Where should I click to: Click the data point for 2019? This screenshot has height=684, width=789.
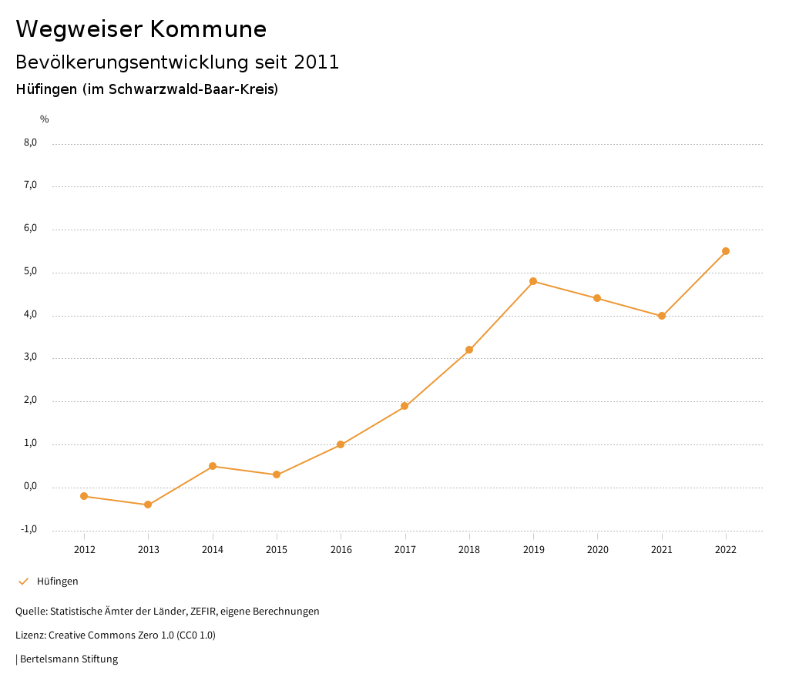pos(533,281)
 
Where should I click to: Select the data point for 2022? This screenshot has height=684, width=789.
pos(726,251)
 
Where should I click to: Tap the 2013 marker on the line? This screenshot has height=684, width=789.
pos(148,505)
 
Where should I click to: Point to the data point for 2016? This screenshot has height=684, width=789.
pos(341,444)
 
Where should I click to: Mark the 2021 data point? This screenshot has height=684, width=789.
pos(662,316)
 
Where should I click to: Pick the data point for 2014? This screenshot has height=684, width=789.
pos(213,466)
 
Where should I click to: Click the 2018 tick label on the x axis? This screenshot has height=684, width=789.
pos(469,550)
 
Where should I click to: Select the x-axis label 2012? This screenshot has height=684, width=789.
pos(84,550)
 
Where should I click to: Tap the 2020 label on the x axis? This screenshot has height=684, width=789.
pos(598,550)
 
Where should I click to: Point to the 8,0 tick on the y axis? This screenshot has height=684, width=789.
pos(31,142)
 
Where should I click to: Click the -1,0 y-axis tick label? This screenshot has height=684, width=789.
pos(29,529)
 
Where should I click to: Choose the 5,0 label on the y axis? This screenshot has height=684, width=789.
pos(31,271)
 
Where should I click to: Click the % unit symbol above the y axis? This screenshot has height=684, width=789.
pos(45,119)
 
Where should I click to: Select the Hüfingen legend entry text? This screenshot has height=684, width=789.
pos(58,582)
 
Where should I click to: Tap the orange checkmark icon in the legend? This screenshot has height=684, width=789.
pos(23,582)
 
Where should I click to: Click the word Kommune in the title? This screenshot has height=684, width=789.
pos(209,29)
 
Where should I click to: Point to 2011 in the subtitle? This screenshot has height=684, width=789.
pos(317,62)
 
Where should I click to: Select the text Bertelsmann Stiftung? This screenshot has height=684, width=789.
pos(69,659)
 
